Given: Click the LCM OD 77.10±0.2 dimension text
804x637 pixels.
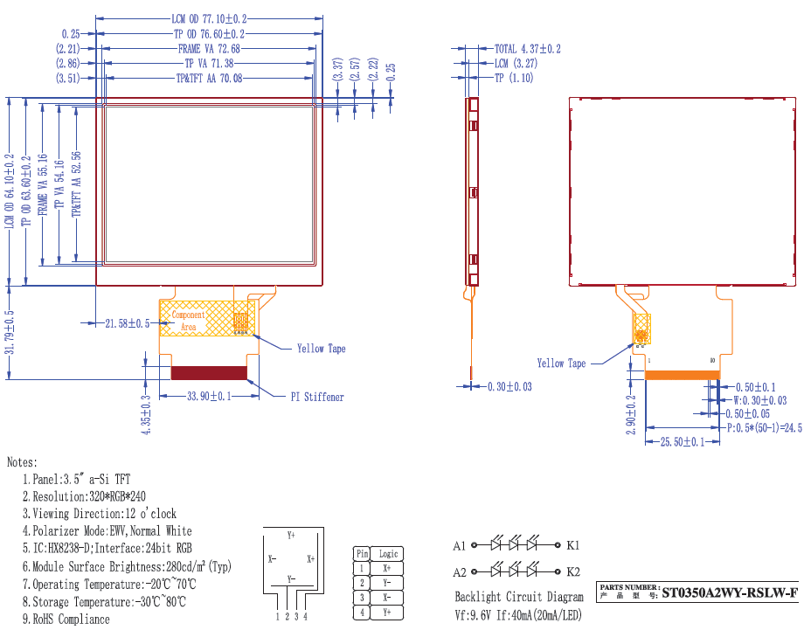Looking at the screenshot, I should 209,18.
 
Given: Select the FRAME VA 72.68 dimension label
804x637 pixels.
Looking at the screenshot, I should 209,49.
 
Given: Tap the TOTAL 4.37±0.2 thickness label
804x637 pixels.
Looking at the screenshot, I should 528,49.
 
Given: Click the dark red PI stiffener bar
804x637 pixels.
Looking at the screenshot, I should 209,373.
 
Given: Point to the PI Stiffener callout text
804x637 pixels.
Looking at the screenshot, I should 317,397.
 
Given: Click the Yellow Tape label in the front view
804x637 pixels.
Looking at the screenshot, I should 322,349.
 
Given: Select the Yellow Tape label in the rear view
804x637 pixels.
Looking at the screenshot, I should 561,364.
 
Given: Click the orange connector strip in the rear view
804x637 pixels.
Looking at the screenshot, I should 682,375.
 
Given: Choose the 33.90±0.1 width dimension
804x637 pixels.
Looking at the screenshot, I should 209,396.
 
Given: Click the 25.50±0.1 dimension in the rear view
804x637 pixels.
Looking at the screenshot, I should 683,443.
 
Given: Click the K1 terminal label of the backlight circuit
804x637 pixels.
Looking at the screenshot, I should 573,545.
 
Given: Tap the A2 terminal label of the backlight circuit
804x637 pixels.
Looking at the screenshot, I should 460,572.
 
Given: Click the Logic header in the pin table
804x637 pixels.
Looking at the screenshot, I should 388,553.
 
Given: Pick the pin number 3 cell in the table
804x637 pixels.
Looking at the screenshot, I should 362,598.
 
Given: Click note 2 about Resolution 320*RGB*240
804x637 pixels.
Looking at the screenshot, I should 83,496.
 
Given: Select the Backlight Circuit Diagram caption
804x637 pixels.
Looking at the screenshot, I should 519,598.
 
